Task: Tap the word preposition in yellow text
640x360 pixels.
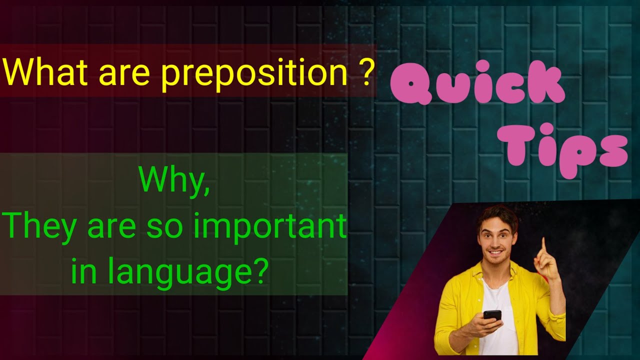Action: coord(254,73)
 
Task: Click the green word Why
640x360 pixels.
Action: coord(174,180)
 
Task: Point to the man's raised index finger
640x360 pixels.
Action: coord(543,245)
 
